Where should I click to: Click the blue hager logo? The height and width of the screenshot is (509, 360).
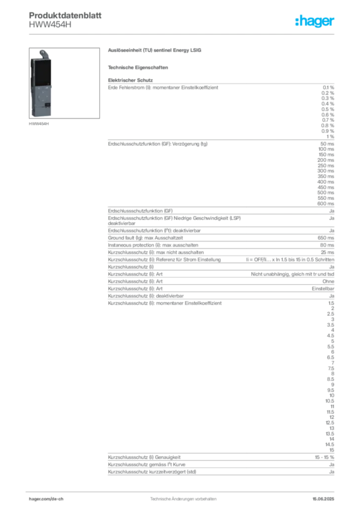coord(315,22)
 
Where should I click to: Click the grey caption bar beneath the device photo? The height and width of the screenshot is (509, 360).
coord(39,124)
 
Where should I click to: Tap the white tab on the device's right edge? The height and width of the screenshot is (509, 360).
coord(54,87)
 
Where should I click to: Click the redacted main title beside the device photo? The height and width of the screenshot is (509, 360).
coord(155,51)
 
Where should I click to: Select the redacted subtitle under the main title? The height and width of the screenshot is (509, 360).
coord(139,67)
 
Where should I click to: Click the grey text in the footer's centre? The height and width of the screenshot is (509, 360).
coord(181,496)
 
